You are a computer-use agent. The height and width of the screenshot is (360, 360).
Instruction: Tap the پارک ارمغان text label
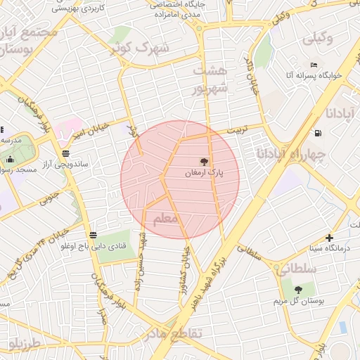pyautogui.click(x=204, y=172)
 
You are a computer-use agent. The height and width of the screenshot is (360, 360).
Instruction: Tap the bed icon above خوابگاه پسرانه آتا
pyautogui.click(x=314, y=65)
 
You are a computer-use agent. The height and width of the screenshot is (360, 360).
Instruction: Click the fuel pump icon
pyautogui.click(x=319, y=132)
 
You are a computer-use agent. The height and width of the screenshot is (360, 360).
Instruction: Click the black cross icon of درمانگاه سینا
pyautogui.click(x=329, y=238)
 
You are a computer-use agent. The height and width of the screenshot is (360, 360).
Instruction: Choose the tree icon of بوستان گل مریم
pyautogui.click(x=299, y=289)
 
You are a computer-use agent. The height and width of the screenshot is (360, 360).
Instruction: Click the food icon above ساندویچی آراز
pyautogui.click(x=65, y=153)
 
